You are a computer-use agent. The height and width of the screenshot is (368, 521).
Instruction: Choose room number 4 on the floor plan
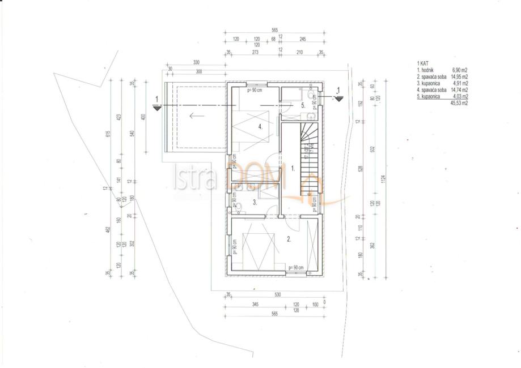pyautogui.click(x=260, y=127)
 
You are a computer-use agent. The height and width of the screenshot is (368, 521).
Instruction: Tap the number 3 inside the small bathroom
pyautogui.click(x=255, y=202)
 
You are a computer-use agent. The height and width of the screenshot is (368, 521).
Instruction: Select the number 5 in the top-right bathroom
pyautogui.click(x=303, y=105)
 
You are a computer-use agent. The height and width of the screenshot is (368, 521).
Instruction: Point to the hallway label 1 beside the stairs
pyautogui.click(x=293, y=168)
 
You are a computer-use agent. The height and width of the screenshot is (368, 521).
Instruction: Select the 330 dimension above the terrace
pyautogui.click(x=197, y=62)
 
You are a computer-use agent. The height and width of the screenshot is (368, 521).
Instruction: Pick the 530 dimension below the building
pyautogui.click(x=277, y=295)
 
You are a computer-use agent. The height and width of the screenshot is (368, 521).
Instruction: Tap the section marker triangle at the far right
pyautogui.click(x=338, y=97)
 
